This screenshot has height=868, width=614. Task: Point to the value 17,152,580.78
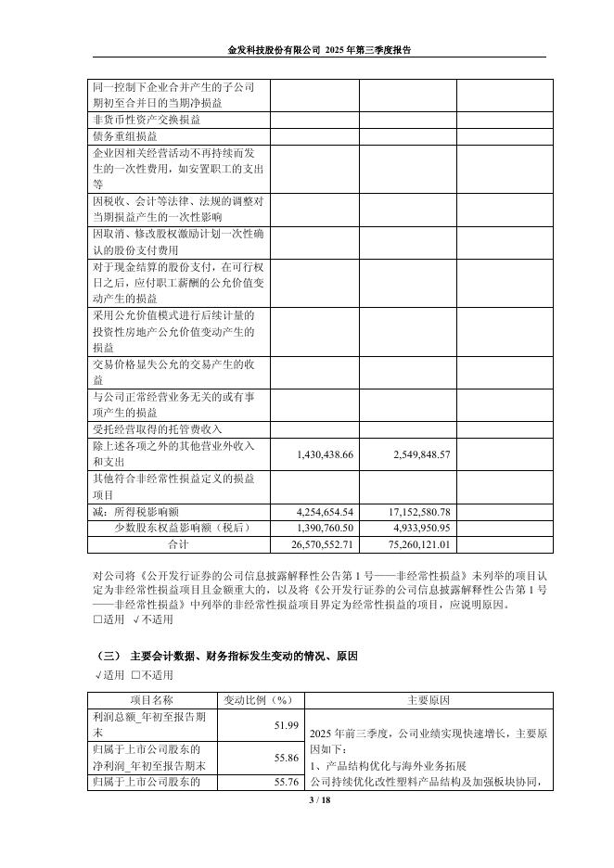pos(410,512)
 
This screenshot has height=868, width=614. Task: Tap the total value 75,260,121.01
pos(410,543)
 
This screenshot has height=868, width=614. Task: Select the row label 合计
pos(177,543)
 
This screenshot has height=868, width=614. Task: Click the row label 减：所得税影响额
pos(142,512)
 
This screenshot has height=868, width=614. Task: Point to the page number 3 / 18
pos(306,799)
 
